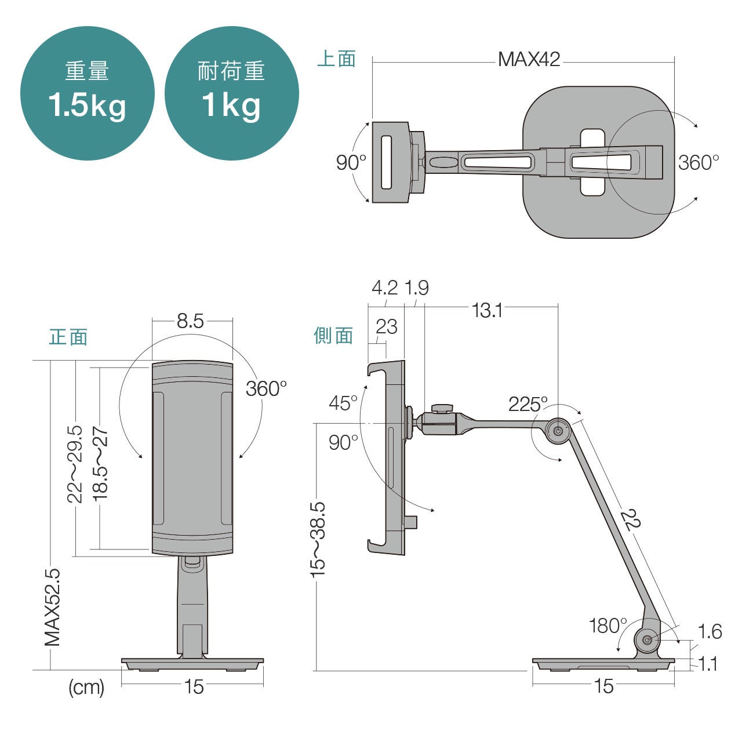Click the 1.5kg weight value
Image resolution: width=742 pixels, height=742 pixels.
87,106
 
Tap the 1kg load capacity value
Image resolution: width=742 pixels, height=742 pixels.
231,106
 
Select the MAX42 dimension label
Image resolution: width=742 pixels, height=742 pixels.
529,60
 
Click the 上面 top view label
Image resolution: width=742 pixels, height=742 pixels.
336,59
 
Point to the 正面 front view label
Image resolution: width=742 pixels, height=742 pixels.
68,337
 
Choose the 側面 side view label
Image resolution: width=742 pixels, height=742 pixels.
333,336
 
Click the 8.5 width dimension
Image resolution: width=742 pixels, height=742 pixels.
190,321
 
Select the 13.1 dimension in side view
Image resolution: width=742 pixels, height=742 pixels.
487,310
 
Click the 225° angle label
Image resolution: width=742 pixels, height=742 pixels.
528,404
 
